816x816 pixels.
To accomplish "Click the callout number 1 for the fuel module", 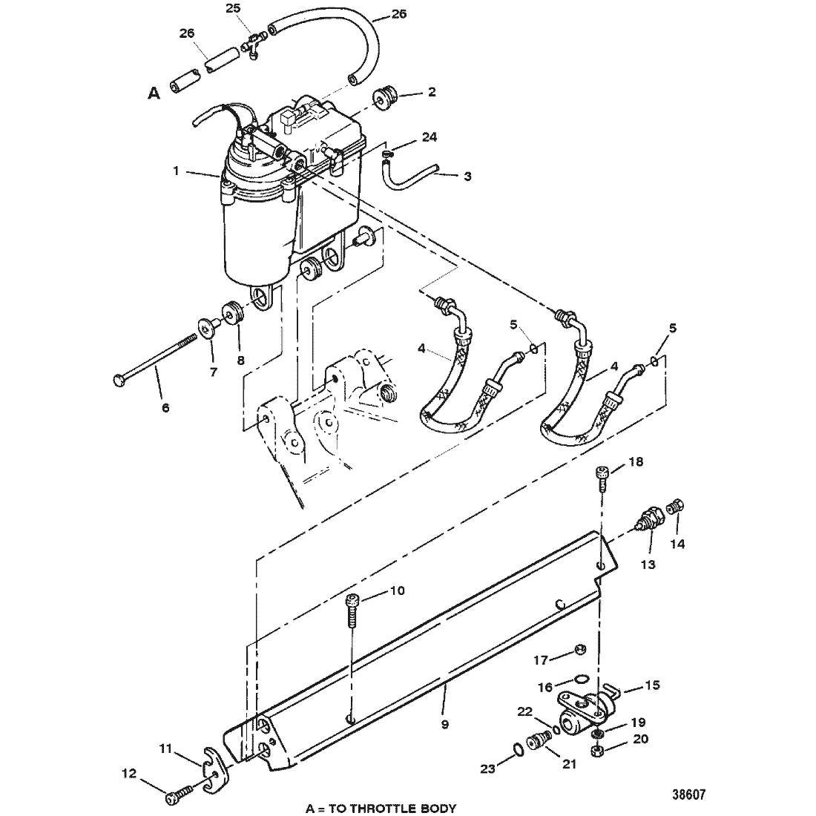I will coord(176,171).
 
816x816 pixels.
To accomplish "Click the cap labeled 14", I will coord(677,507).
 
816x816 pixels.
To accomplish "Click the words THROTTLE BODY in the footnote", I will coord(406,808).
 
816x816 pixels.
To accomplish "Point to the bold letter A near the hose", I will coord(154,93).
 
